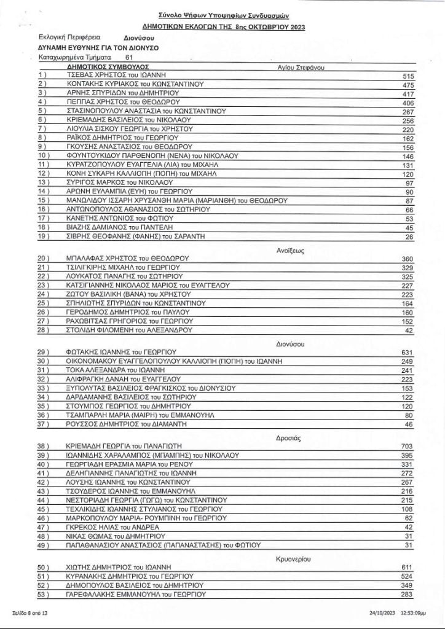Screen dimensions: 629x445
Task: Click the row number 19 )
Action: pos(43,236)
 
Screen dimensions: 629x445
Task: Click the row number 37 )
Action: pos(43,424)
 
